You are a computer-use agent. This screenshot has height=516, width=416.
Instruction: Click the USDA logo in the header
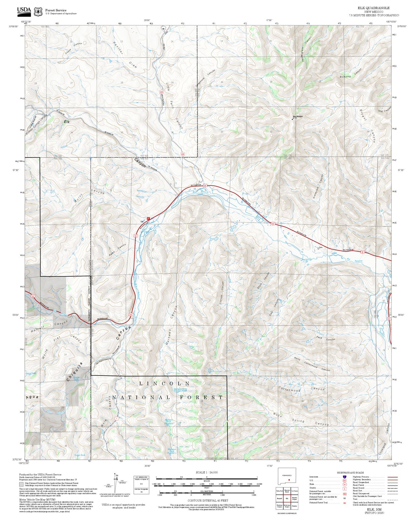pyautogui.click(x=24, y=11)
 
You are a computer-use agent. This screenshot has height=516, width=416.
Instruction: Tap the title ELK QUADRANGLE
pyautogui.click(x=374, y=8)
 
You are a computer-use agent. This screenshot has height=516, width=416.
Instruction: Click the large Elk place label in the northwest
pyautogui.click(x=67, y=122)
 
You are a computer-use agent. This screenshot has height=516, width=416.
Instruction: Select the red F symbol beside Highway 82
pyautogui.click(x=148, y=219)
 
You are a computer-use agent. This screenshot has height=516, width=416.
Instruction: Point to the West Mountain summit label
pyautogui.click(x=298, y=116)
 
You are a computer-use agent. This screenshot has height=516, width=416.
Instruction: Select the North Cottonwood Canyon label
pyautogui.click(x=312, y=364)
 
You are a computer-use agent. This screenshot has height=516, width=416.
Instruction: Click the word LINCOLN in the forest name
pyautogui.click(x=164, y=384)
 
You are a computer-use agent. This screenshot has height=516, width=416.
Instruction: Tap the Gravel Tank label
pyautogui.click(x=31, y=373)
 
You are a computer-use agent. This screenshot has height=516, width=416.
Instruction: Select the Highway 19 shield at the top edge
pyautogui.click(x=163, y=29)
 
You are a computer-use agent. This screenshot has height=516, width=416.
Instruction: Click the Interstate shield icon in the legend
pyautogui.click(x=345, y=477)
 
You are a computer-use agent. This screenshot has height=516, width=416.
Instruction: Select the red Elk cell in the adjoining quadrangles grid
pyautogui.click(x=287, y=498)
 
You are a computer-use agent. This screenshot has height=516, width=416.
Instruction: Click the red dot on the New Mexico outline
pyautogui.click(x=289, y=480)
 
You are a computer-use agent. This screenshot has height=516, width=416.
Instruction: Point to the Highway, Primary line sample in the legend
pyautogui.click(x=392, y=477)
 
